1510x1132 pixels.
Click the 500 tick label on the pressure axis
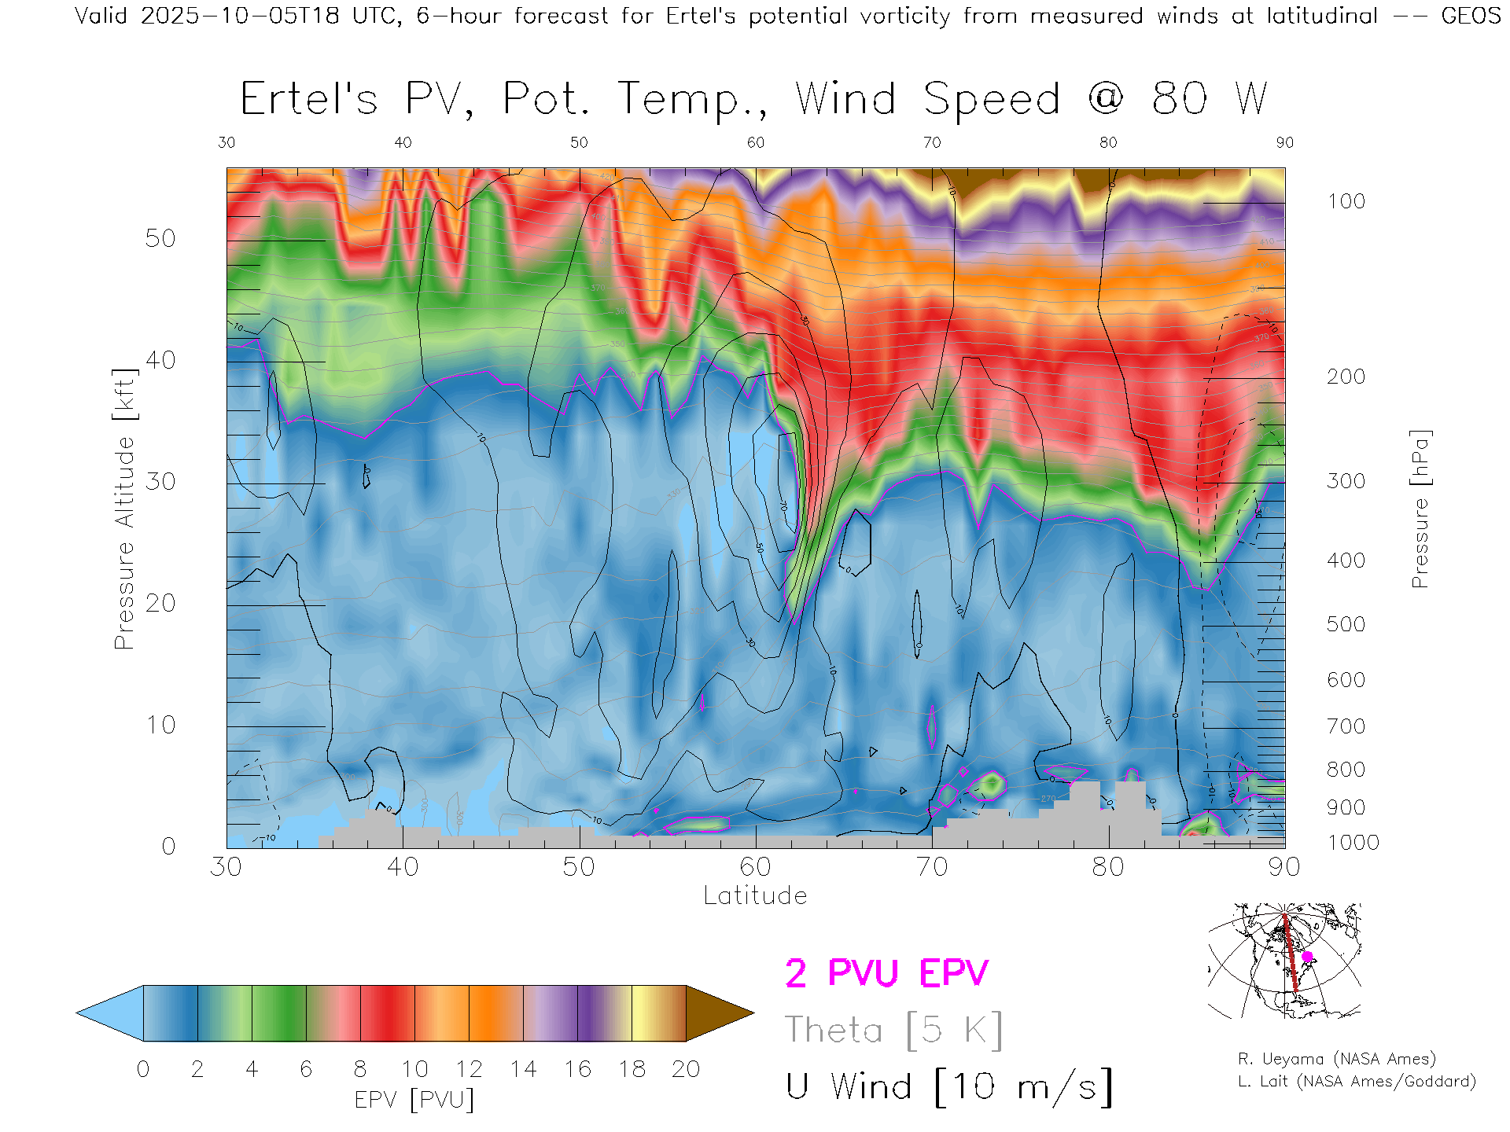1346,624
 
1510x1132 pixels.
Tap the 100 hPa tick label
1346,201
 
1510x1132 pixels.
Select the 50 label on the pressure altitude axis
160,238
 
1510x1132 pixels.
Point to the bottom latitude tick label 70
931,867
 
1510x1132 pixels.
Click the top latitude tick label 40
403,142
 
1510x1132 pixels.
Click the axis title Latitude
755,896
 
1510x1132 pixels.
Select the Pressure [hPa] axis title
1420,509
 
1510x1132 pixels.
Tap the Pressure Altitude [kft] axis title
124,509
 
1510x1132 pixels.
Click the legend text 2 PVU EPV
886,973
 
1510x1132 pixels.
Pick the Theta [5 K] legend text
893,1030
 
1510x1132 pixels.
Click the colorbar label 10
414,1069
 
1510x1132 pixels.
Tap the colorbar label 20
686,1069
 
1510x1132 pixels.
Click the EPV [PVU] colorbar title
414,1100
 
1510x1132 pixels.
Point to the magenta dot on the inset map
1307,957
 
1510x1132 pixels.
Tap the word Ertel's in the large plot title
309,100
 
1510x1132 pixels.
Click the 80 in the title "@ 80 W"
1179,100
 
